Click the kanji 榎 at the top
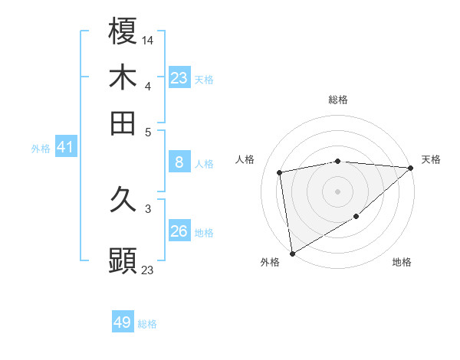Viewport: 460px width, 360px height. coord(123,33)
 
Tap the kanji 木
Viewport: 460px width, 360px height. coord(123,78)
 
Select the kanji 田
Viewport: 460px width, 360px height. coord(123,123)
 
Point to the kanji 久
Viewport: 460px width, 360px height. coord(123,201)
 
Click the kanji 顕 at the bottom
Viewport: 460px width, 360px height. coord(123,261)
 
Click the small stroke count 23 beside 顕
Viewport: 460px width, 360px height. coord(148,270)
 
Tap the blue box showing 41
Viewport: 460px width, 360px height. coord(65,147)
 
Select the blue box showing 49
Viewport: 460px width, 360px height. coord(123,322)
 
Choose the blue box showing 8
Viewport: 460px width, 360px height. coord(179,162)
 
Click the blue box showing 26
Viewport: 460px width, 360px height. coord(179,231)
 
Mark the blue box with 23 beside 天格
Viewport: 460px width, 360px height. coord(179,78)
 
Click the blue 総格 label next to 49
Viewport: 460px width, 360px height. coord(147,324)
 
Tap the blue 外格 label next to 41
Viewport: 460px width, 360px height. coord(41,149)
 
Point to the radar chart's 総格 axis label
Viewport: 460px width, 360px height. coord(338,100)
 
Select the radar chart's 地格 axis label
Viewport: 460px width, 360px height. coord(402,263)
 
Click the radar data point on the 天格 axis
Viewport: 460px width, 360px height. coord(411,168)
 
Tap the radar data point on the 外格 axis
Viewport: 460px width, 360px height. coord(292,253)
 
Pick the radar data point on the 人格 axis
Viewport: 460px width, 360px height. coord(280,172)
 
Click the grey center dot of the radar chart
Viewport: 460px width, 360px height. coord(338,191)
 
